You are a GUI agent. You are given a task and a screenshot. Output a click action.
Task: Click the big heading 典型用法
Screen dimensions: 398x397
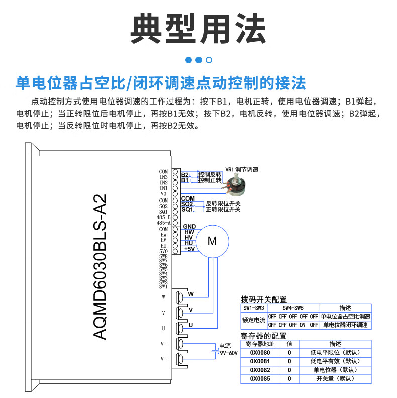pos(198,29)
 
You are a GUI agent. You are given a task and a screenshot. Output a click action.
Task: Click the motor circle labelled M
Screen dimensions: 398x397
pos(212,241)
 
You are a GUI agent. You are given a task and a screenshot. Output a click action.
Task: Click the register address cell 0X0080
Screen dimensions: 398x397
pos(260,353)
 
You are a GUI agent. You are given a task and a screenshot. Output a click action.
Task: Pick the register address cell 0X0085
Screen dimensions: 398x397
pos(260,378)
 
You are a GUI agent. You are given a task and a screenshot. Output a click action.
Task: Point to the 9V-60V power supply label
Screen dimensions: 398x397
pos(228,353)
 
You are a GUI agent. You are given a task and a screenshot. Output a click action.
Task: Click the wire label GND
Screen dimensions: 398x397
pos(189,227)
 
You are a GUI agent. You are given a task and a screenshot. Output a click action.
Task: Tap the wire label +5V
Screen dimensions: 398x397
pos(189,249)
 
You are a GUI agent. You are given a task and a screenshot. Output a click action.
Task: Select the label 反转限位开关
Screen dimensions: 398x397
pos(223,203)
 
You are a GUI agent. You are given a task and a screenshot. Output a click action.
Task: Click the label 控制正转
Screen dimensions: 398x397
pos(210,180)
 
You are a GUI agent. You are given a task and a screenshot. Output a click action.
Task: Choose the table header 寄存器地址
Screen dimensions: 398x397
pos(260,344)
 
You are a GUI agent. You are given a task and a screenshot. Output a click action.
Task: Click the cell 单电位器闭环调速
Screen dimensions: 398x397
pos(346,325)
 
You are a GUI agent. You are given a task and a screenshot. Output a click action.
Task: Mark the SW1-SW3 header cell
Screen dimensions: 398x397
pos(254,308)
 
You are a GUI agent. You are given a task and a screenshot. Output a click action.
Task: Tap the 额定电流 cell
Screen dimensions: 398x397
pos(254,320)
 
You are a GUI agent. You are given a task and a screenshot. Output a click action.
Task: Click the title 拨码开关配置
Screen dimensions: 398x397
pos(264,299)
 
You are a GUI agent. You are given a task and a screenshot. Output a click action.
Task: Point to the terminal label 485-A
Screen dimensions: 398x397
pos(164,222)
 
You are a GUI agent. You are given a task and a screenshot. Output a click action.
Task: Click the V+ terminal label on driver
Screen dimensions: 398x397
pos(163,359)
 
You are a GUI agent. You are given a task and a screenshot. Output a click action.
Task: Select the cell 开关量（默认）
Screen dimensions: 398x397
pos(335,378)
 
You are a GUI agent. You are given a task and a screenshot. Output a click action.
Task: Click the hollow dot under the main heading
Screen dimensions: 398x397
pos(209,60)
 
